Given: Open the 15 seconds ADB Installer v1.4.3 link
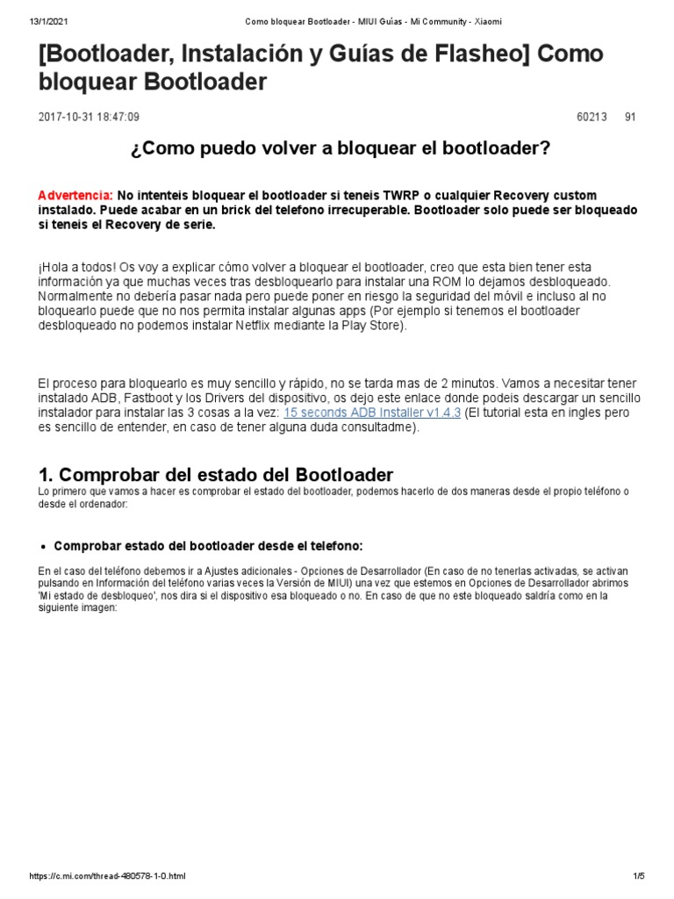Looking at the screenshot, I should click(x=371, y=413).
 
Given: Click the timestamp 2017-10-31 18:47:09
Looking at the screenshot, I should click(x=89, y=117).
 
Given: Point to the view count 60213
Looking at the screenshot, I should click(x=592, y=117).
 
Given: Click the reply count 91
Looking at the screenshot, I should click(x=630, y=117).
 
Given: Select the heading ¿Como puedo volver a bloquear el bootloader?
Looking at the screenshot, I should click(x=340, y=148).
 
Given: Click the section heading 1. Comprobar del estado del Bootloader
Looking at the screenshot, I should click(x=216, y=475).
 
